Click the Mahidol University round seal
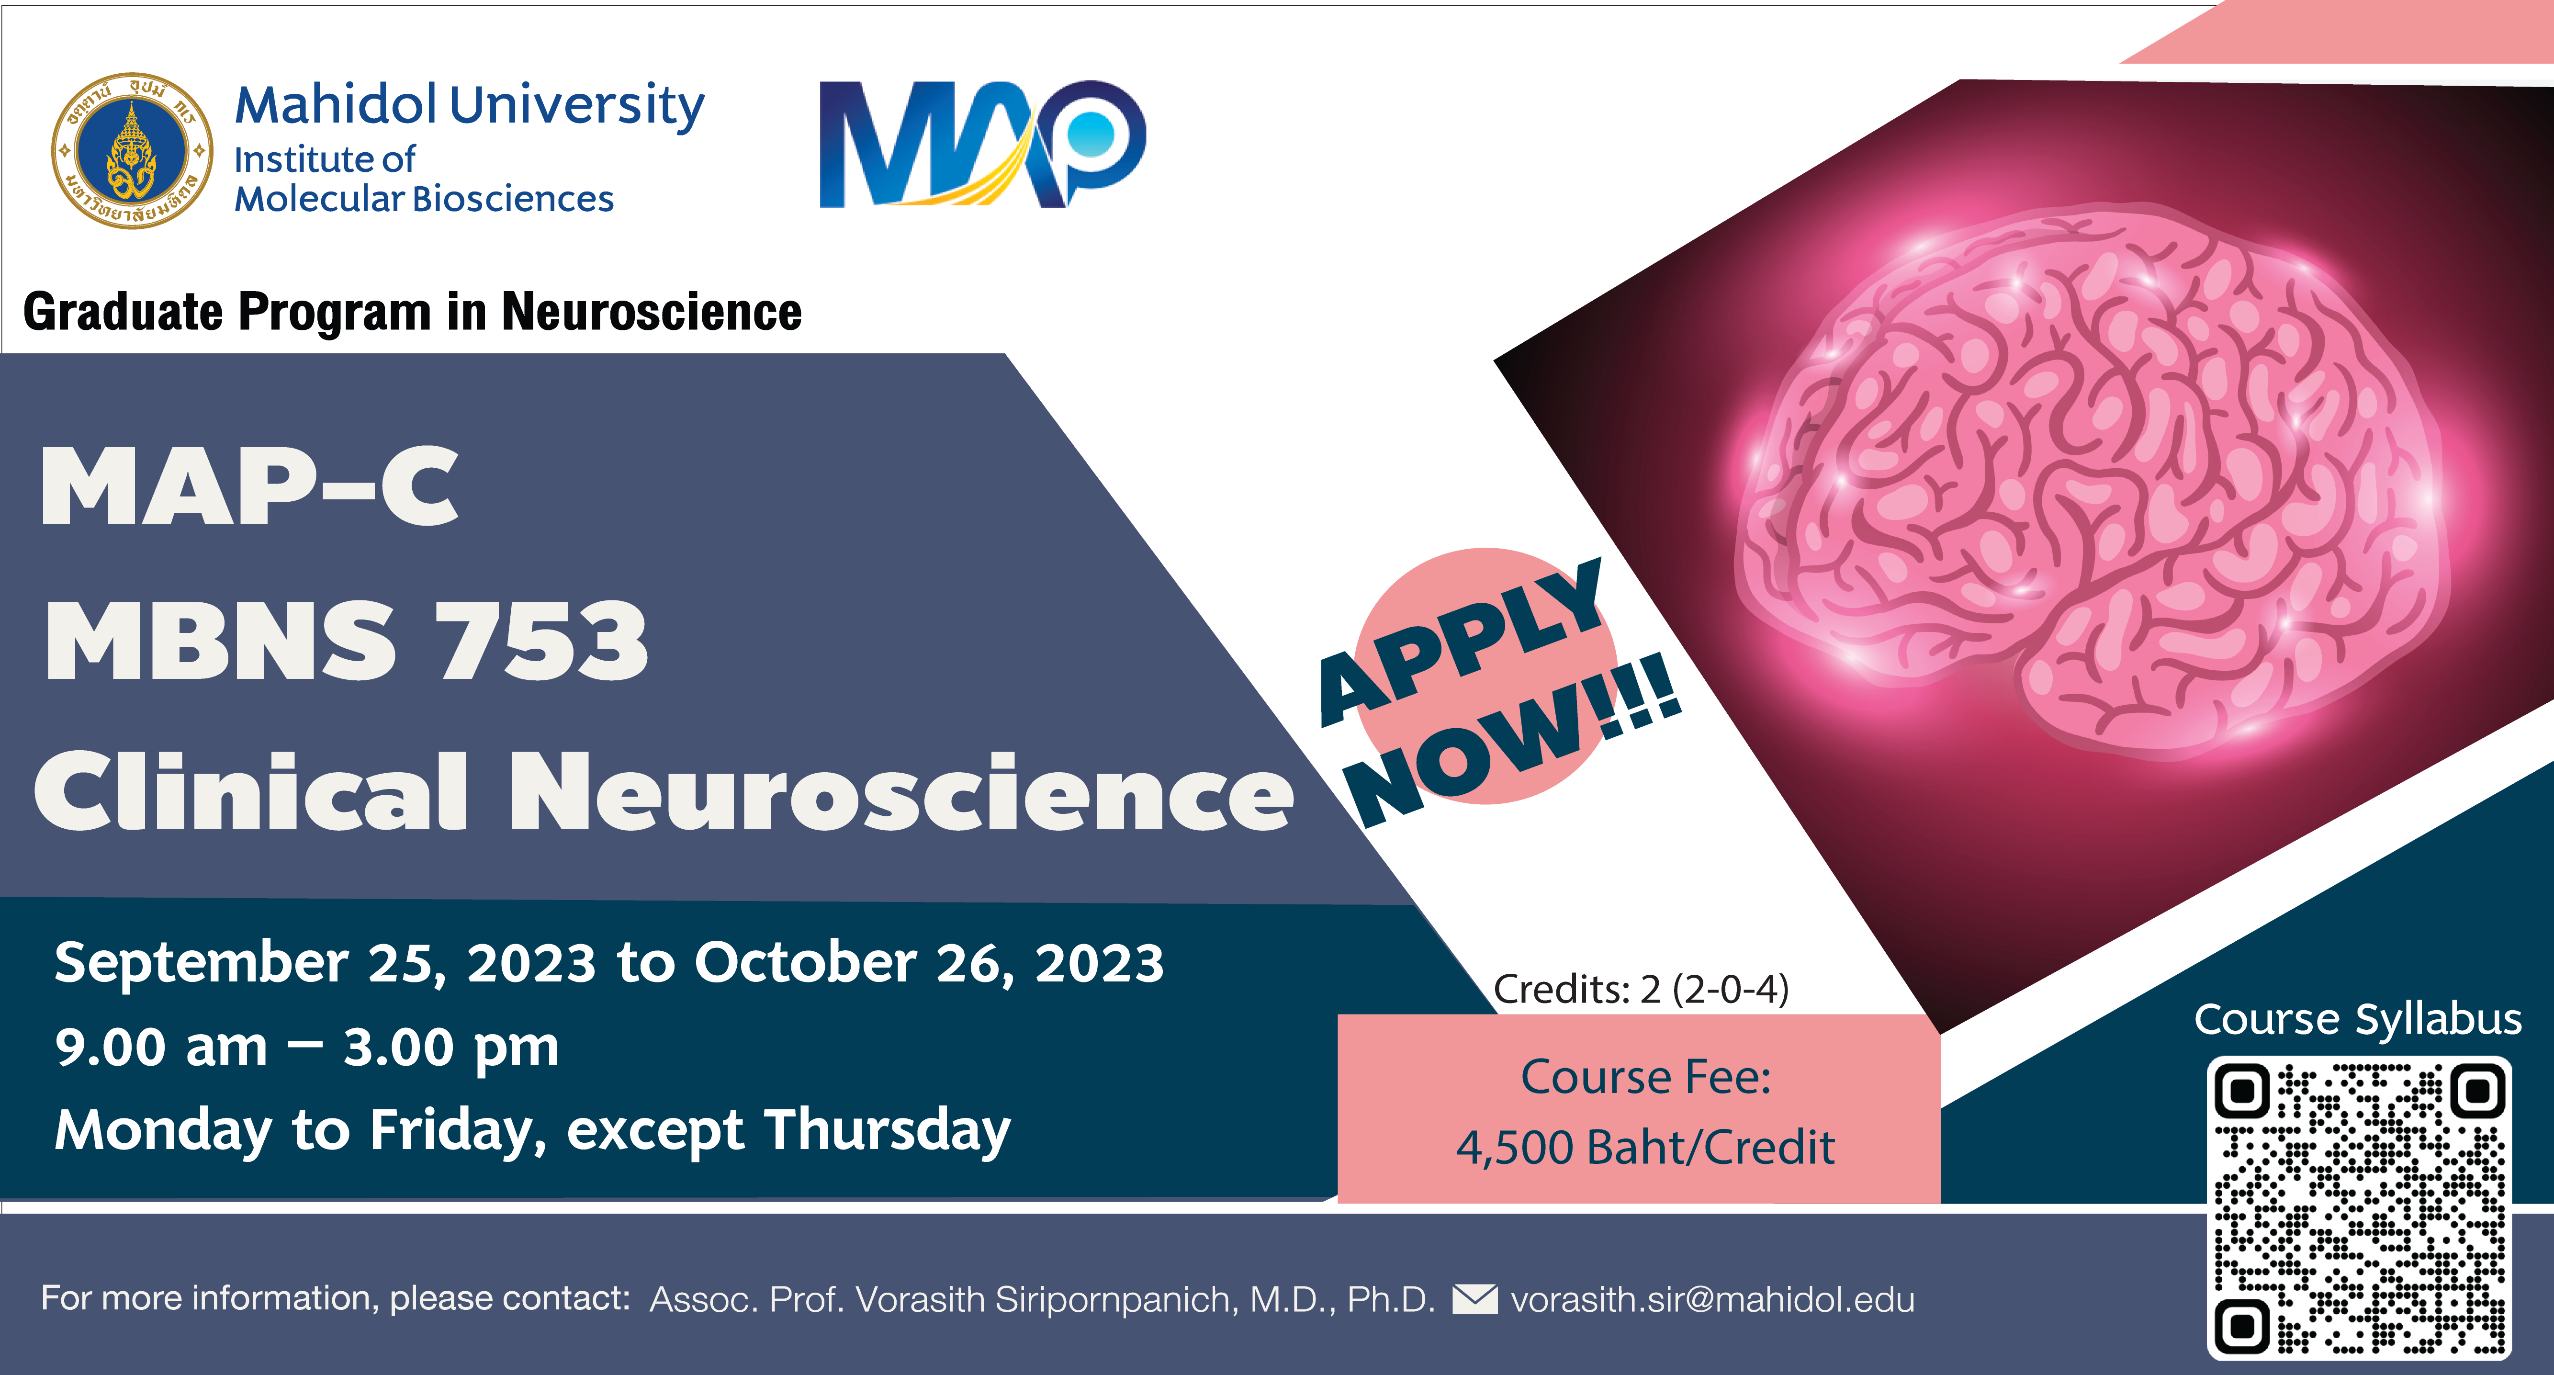pos(132,151)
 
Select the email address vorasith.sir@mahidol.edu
pos(1712,1300)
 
